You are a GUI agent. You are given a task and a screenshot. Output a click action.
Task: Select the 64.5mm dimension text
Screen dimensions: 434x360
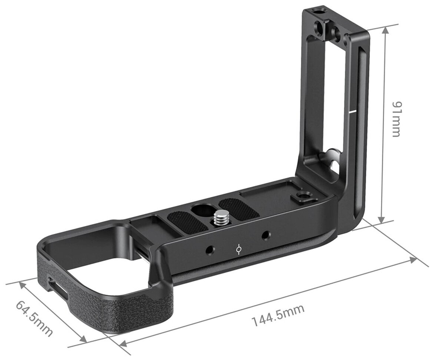34,318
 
